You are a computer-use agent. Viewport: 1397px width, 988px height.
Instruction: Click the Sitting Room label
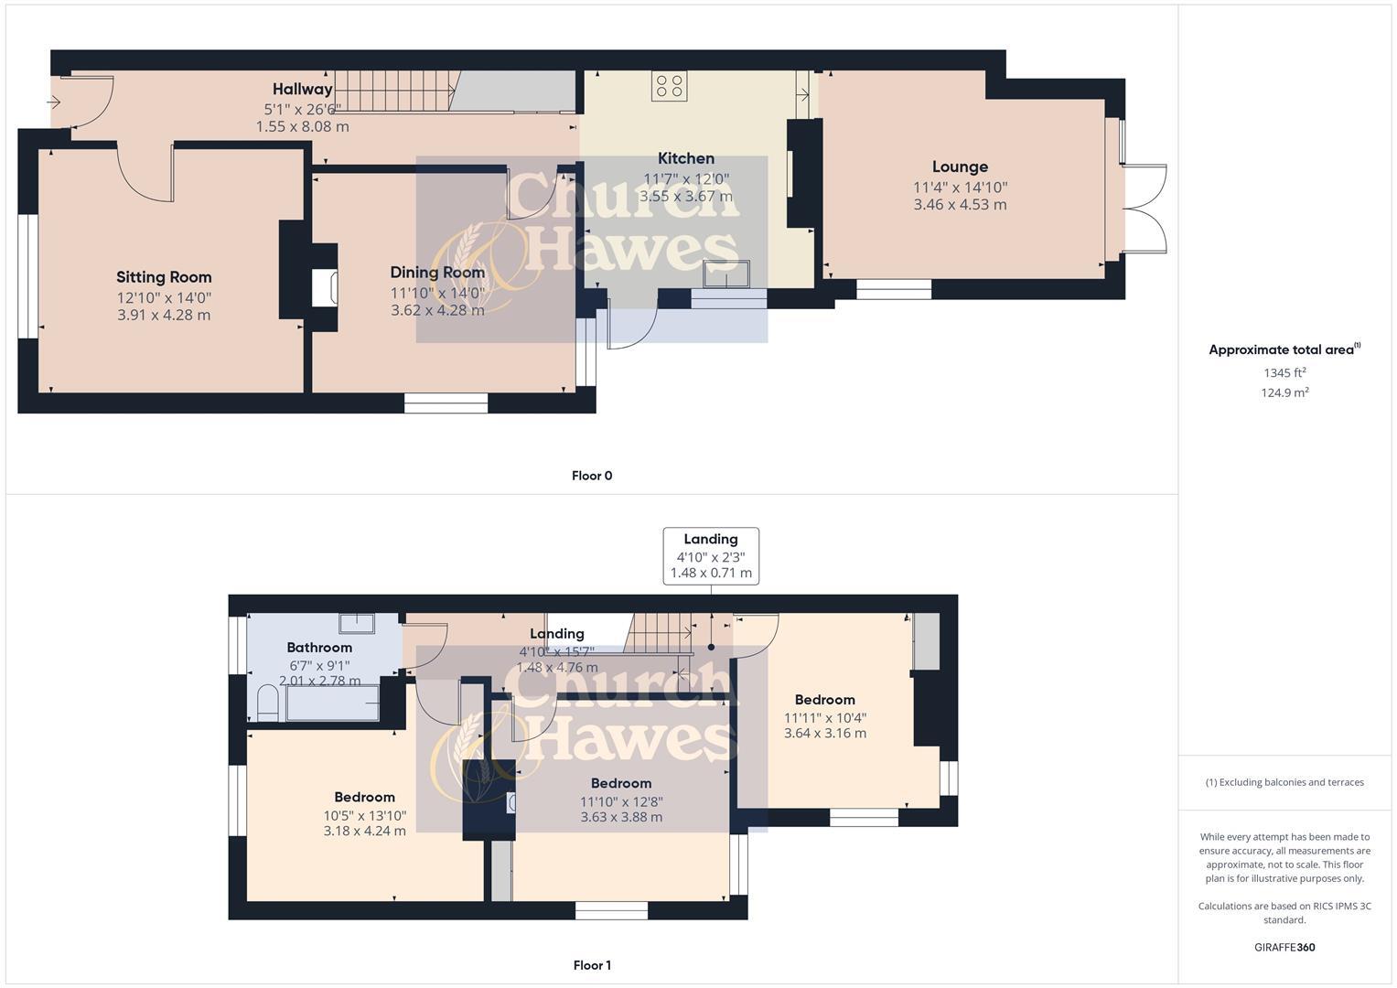pos(164,277)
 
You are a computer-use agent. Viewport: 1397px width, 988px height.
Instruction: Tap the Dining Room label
pos(437,273)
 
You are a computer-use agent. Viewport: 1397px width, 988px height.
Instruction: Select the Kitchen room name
pos(686,158)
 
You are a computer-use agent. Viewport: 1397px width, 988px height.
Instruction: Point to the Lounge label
pos(960,166)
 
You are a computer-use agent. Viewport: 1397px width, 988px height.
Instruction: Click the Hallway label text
pos(302,89)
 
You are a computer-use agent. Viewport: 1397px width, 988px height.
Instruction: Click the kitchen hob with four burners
pos(669,86)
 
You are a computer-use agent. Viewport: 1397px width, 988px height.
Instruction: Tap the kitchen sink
pos(725,274)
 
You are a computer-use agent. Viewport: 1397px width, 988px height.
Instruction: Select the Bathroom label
pos(319,648)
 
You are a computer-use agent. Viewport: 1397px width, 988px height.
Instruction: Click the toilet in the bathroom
pos(267,703)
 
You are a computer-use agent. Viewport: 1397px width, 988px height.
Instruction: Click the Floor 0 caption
pos(592,476)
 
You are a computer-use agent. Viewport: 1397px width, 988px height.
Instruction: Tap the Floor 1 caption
pos(592,965)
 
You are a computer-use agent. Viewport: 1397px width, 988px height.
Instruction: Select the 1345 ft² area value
pos(1284,372)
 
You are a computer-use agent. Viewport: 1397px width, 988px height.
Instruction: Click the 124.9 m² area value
pos(1284,392)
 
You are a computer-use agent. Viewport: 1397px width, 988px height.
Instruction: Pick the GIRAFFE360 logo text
pos(1284,948)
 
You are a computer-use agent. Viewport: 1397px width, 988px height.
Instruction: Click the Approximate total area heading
pos(1283,349)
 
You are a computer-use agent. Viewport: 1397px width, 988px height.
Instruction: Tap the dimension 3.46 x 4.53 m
pos(960,205)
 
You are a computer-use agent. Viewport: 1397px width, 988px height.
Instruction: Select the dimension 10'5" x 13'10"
pos(364,816)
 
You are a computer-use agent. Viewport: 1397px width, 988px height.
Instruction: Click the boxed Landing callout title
pos(711,539)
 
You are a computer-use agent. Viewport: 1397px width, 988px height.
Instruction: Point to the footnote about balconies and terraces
pos(1284,782)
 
